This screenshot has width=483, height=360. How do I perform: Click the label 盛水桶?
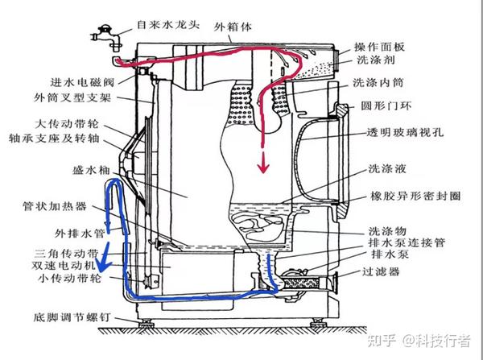(76, 171)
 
